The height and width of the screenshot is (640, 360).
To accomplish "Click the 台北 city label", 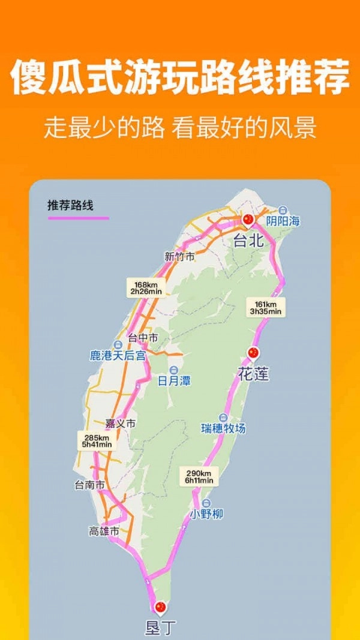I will click(248, 241).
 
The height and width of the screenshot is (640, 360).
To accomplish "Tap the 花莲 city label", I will click(253, 374).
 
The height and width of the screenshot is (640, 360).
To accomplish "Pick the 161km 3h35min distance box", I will click(266, 307).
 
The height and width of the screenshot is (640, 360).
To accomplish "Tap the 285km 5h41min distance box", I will click(97, 440).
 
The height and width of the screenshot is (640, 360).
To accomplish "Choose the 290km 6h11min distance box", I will click(199, 476).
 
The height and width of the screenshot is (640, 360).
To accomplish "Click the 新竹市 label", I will click(179, 256).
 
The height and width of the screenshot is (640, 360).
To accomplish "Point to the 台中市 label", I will click(143, 338).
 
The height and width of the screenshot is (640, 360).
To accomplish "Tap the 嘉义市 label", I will click(120, 423).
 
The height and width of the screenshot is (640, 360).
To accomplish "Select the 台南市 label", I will click(89, 484).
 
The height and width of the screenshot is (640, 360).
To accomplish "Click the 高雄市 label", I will click(104, 531).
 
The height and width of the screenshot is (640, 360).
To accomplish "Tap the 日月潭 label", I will click(174, 381).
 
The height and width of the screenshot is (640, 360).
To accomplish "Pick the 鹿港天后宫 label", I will click(118, 356).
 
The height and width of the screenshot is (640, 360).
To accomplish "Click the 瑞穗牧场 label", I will click(223, 428).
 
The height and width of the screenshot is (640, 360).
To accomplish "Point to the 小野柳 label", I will click(206, 514).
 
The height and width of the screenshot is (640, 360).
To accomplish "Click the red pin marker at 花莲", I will click(253, 353).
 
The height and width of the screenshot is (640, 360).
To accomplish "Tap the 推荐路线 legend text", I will click(71, 205).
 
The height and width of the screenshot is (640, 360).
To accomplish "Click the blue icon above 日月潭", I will click(174, 369).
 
